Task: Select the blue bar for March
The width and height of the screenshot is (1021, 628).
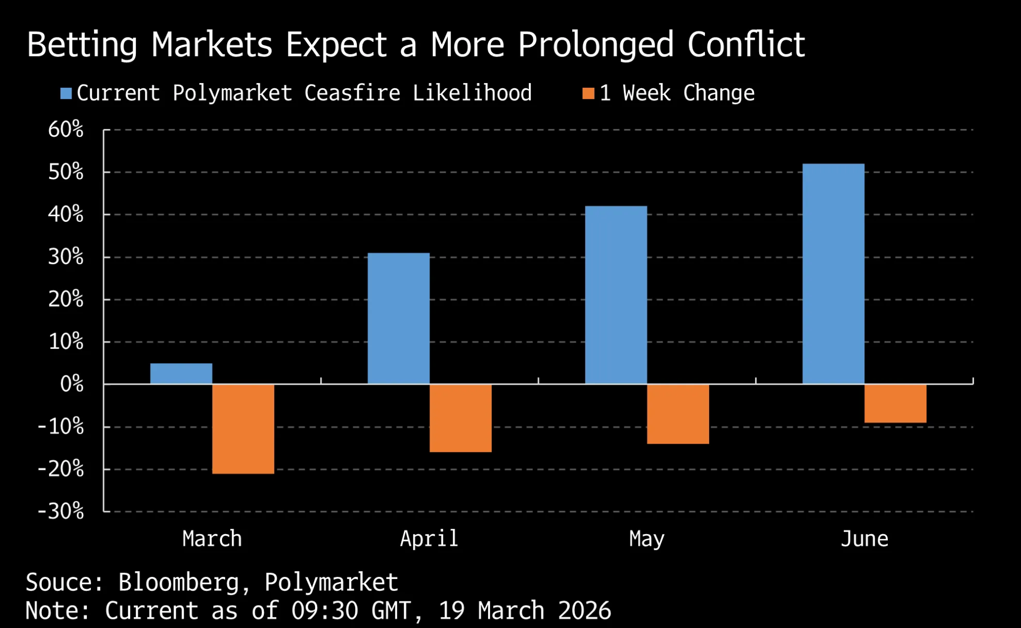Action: click(x=181, y=373)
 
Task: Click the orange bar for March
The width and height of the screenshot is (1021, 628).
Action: click(x=243, y=429)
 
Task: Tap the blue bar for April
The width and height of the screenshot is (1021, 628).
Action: click(x=399, y=318)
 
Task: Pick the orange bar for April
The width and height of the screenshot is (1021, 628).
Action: click(x=460, y=418)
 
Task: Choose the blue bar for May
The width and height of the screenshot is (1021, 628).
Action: click(x=616, y=295)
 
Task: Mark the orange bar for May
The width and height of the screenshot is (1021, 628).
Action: click(x=678, y=414)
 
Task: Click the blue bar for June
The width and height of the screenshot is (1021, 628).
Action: click(x=834, y=274)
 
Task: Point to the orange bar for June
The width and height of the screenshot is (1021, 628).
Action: click(x=895, y=404)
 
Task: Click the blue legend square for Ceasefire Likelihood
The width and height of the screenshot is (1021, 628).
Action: click(x=66, y=93)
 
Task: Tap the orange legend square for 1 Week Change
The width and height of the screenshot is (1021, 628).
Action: click(x=589, y=93)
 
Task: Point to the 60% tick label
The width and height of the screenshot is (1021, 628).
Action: click(x=66, y=130)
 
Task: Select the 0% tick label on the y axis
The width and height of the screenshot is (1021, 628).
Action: click(x=71, y=384)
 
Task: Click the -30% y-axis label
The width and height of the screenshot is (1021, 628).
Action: click(x=61, y=511)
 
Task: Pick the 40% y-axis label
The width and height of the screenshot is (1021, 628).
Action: click(x=66, y=214)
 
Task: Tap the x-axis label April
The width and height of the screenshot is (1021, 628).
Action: click(x=429, y=539)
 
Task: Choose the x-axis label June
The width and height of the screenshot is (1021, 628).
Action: click(x=864, y=539)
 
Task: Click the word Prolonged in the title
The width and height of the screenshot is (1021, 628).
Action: click(x=596, y=45)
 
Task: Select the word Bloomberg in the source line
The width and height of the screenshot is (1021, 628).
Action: click(x=179, y=583)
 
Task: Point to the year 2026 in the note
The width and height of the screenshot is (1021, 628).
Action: click(x=585, y=611)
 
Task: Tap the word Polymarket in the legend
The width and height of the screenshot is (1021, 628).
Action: click(x=232, y=93)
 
